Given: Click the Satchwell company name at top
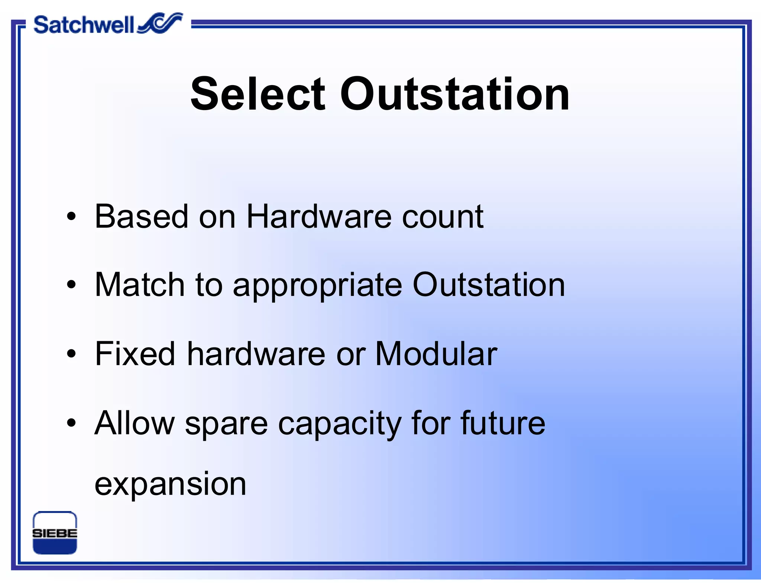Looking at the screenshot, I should point(83,25).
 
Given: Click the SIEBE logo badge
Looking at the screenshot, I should point(55,533).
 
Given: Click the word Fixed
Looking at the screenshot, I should point(135,354).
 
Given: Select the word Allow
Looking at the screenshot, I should point(135,423).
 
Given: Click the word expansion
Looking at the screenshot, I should point(171,485).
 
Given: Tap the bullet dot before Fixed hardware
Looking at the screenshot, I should point(71,354).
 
